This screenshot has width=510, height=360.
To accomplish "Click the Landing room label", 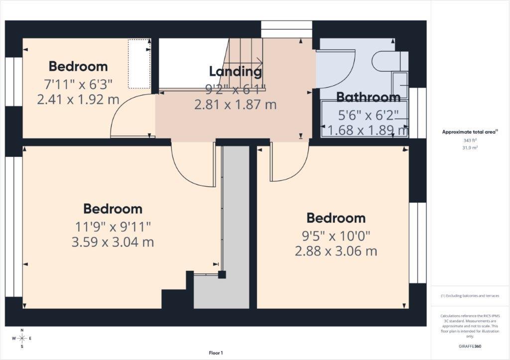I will coord(235,71).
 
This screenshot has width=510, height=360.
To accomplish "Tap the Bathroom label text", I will coord(368,97).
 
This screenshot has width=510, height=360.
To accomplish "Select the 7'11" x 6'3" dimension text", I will coord(78,83).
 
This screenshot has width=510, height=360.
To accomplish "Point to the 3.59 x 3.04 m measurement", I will coord(113,242).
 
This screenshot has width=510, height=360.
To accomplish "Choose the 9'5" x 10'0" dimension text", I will coord(336,235).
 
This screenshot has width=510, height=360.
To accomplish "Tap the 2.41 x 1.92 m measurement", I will coord(78,99).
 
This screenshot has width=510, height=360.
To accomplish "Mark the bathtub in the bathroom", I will coord(365,119).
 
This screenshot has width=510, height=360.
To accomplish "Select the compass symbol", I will coord(22,339).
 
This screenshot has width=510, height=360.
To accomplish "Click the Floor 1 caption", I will coord(216,353).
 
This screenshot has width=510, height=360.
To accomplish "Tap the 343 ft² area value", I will coord(470,140).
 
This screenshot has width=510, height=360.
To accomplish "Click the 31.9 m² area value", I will coord(470,148).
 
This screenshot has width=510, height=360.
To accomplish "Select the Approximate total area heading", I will coord(470,132).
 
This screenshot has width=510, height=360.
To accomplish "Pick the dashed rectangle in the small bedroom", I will coord(139,64).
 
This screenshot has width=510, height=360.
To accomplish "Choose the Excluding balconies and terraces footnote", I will coord(470,296).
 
